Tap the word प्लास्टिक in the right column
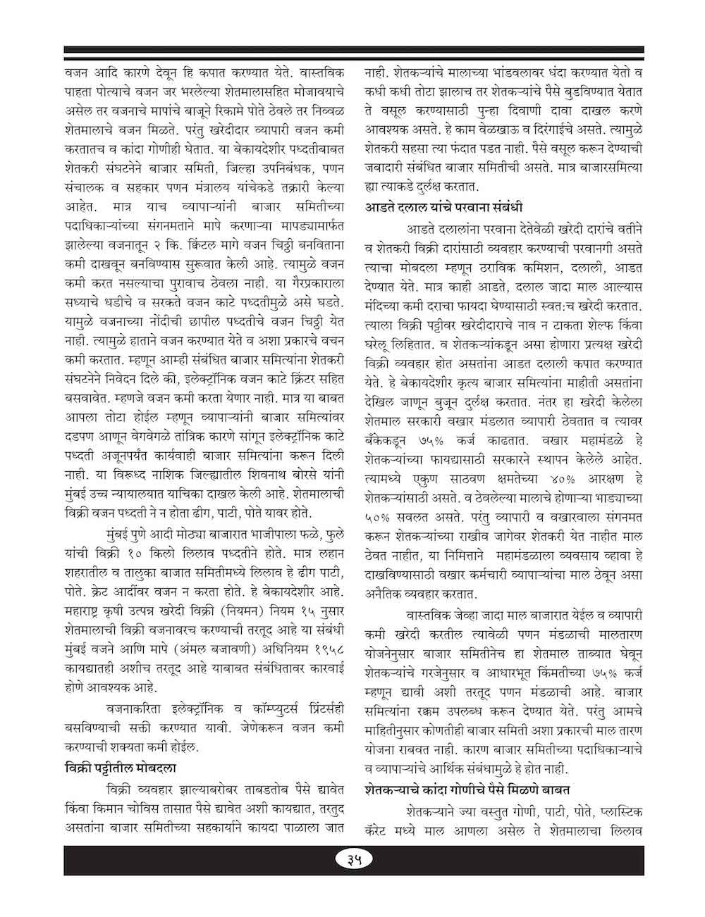click(x=616, y=811)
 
